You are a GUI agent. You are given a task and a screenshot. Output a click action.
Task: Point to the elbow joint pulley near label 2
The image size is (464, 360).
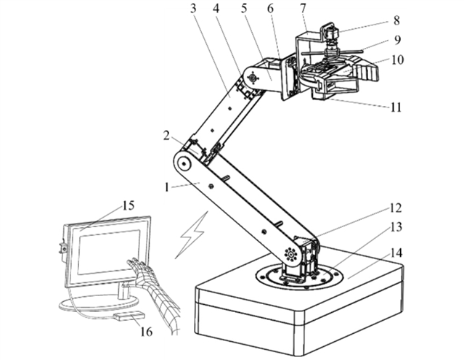[x=187, y=164]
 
